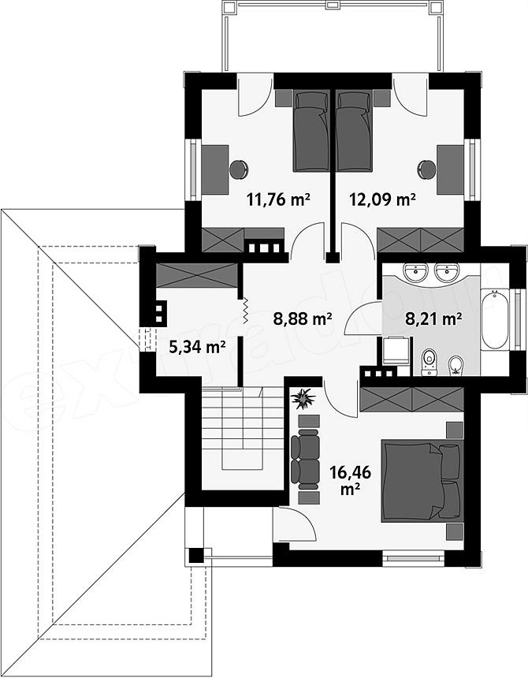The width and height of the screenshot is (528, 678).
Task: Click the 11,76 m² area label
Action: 279,199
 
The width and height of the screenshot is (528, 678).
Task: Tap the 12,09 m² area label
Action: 382,199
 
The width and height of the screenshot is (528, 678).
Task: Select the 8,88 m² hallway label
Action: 303,319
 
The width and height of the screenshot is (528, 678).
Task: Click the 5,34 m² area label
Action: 198,347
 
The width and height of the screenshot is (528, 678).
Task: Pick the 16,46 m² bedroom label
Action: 351,480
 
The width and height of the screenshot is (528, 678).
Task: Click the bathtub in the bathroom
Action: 495,319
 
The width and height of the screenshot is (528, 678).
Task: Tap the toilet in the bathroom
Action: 429,362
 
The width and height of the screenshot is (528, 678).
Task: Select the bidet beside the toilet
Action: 455,364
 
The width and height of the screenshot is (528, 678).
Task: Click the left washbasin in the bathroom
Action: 414,271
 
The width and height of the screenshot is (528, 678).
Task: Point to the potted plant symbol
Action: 303,399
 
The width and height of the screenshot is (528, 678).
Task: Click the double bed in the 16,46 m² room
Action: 422,480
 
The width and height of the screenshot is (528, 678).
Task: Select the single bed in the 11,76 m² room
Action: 310,130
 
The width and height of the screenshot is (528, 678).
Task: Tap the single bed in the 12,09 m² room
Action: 355,130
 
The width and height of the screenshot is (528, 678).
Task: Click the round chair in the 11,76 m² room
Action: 239,169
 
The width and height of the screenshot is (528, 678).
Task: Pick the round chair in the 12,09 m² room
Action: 427,169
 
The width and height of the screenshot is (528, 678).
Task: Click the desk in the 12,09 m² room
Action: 450,169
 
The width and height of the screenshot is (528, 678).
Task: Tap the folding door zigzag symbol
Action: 244,311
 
